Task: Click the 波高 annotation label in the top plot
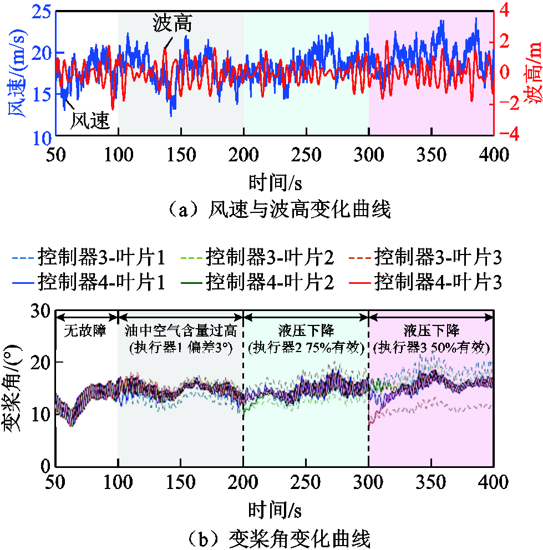click(171, 25)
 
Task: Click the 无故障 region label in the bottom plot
click(87, 332)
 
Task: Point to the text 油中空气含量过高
click(181, 332)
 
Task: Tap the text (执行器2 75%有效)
click(306, 348)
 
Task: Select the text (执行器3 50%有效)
click(432, 348)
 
